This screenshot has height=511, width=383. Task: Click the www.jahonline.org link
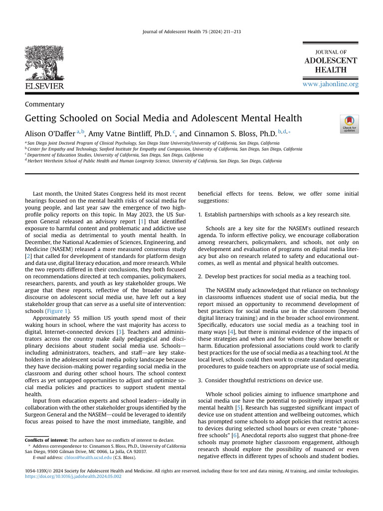331,84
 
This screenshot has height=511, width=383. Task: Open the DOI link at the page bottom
73,477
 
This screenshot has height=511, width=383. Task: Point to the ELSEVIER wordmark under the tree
44,86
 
